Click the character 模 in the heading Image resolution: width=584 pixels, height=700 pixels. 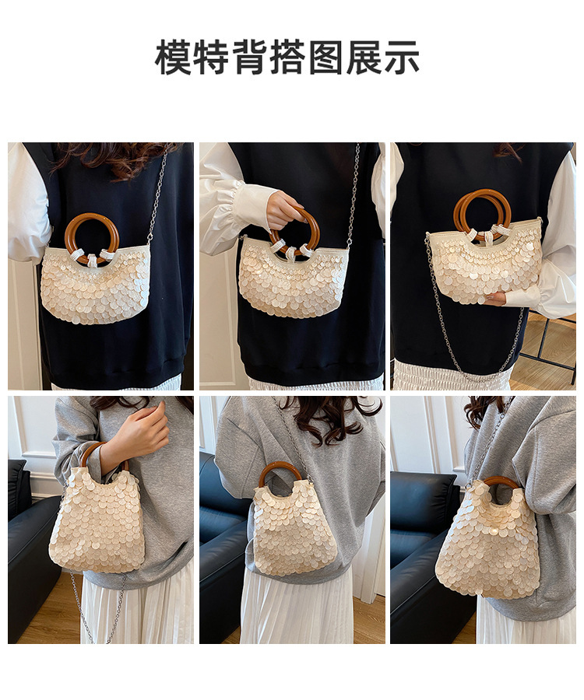(174, 57)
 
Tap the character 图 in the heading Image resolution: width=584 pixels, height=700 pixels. (326, 57)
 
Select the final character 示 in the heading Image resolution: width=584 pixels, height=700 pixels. (402, 57)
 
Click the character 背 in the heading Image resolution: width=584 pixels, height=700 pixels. (250, 57)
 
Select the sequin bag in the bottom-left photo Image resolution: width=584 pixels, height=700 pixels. (97, 523)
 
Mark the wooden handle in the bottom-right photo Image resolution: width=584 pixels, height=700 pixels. (500, 480)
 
